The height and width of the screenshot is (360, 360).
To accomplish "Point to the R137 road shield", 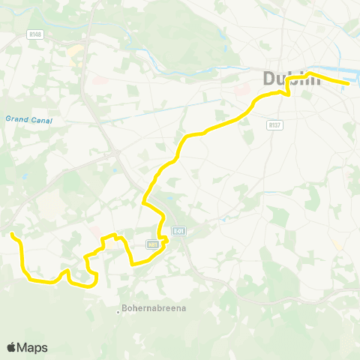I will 274,126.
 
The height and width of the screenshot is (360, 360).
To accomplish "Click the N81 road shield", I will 153,244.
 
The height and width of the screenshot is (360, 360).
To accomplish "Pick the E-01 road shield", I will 178,231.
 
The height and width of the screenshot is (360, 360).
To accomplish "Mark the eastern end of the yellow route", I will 346,83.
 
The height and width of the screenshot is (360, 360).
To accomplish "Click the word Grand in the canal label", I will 16,118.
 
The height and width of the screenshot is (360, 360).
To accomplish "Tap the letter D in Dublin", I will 270,78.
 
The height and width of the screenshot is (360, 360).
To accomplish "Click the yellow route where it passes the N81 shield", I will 161,241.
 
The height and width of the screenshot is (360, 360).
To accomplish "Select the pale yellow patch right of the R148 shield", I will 76,52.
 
